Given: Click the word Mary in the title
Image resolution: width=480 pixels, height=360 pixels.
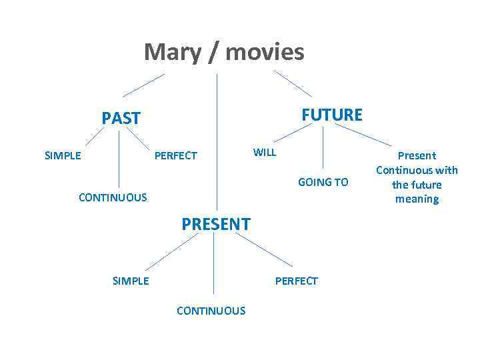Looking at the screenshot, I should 171,52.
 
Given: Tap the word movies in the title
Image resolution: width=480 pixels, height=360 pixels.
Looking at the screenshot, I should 265,52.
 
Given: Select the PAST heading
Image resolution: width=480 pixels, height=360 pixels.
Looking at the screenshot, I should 121,119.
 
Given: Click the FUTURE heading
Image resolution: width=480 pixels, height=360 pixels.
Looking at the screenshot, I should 332,115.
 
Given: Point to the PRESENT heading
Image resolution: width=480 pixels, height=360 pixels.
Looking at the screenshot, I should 216,224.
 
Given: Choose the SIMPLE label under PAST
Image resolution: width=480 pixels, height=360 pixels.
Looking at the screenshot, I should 63,156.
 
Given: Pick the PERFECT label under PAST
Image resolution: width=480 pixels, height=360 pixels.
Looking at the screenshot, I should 176,156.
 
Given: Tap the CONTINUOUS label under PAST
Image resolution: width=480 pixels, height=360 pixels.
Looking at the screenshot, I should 113,197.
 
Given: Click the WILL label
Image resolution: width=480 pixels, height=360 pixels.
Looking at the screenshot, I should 265,153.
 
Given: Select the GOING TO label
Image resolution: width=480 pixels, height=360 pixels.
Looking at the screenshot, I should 323,182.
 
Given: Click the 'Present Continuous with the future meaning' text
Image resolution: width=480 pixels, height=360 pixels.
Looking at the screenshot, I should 417,177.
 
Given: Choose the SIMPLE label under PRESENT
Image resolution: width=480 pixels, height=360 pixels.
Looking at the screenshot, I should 131,281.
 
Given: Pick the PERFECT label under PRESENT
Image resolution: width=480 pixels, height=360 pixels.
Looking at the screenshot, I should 297,281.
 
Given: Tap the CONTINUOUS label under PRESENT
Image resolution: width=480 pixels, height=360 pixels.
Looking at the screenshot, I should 211,311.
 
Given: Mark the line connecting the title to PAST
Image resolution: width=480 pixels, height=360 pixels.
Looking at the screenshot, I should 143,85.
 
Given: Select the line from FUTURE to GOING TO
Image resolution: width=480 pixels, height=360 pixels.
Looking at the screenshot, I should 323,147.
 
